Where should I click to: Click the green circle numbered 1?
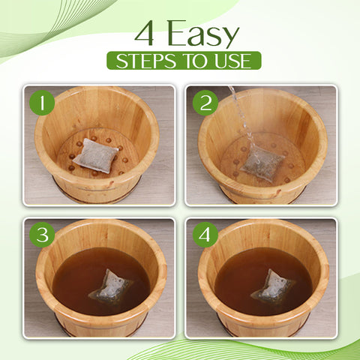[x=42, y=101]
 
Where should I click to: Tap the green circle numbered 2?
[x=205, y=101]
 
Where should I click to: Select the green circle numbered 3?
[x=42, y=235]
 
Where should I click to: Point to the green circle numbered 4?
[x=205, y=235]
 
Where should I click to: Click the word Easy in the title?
[x=202, y=34]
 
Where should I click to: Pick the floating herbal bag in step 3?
[x=112, y=287]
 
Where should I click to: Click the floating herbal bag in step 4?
[x=275, y=287]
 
